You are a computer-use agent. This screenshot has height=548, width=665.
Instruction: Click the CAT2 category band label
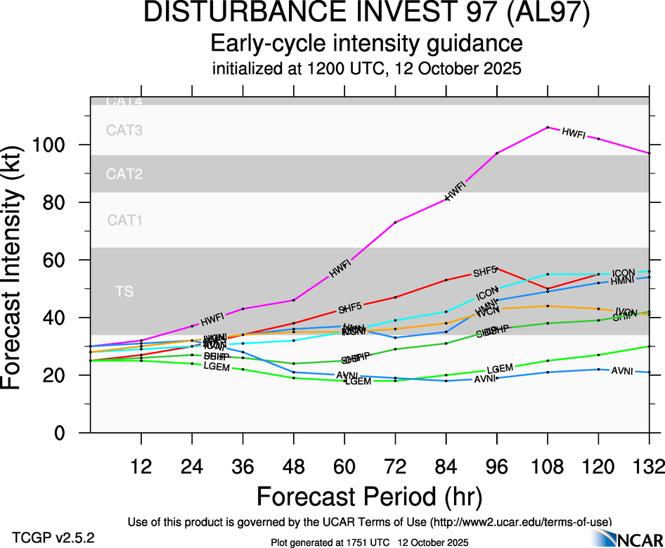pos(124,174)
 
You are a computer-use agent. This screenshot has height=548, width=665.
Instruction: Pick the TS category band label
pos(124,291)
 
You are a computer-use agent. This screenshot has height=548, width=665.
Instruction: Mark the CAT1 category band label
pos(124,221)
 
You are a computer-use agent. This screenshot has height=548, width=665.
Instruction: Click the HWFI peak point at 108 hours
pos(548,127)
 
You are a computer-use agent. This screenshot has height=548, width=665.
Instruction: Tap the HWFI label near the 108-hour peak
pos(574,133)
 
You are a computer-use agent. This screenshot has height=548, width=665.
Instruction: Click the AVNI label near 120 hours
pos(623,370)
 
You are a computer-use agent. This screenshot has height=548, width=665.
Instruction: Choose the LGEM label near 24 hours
pos(217,367)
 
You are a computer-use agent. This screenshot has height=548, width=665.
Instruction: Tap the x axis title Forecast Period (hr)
pos(370,496)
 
